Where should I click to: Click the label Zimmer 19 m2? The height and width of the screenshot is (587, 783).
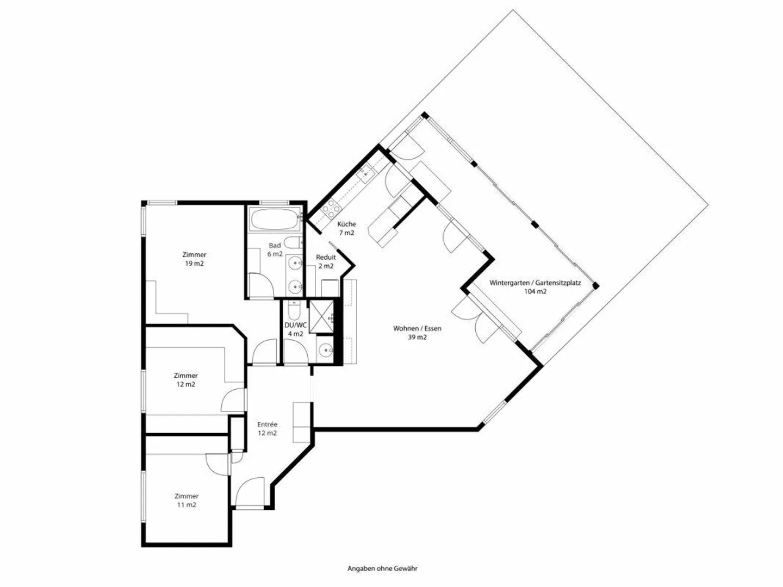click(194, 259)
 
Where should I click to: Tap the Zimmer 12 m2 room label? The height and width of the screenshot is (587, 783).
click(185, 380)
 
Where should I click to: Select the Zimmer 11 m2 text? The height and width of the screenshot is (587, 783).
click(186, 501)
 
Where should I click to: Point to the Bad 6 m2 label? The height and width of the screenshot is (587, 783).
click(275, 250)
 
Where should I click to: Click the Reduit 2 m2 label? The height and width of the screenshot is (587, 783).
click(326, 261)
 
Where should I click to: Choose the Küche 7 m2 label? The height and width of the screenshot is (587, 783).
click(346, 228)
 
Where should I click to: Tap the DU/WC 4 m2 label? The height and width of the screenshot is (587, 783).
click(295, 329)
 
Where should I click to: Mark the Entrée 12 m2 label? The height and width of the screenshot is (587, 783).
click(267, 429)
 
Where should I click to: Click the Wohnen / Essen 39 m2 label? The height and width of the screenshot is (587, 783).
click(417, 333)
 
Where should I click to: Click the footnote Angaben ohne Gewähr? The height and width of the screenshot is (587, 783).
click(382, 569)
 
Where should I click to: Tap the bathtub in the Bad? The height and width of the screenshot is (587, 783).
click(274, 221)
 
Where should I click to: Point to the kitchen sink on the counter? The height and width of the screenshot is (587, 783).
click(364, 174)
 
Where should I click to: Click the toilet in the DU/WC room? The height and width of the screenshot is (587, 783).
click(294, 311)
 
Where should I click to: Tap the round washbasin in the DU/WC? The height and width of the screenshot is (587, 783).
click(326, 351)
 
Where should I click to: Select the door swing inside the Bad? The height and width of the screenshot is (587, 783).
click(261, 283)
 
